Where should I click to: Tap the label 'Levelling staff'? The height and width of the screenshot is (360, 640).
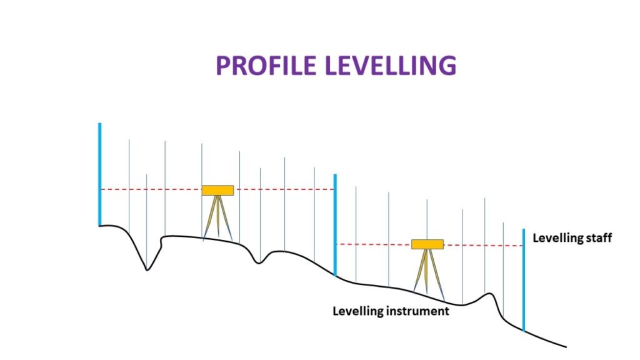point(571,237)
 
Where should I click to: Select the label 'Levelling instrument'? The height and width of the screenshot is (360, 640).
point(391,311)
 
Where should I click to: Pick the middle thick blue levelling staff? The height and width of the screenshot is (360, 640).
point(335,225)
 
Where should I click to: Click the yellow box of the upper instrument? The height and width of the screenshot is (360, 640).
point(217,190)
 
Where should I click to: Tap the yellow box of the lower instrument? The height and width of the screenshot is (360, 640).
point(427,244)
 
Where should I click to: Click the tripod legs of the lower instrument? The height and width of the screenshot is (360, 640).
point(427,271)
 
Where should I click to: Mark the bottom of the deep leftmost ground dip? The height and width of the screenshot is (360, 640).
point(147,269)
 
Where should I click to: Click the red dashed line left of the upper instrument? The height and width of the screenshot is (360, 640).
point(151,189)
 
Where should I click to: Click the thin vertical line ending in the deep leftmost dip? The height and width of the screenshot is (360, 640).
point(146,219)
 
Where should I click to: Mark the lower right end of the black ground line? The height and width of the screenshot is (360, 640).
point(565,346)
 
